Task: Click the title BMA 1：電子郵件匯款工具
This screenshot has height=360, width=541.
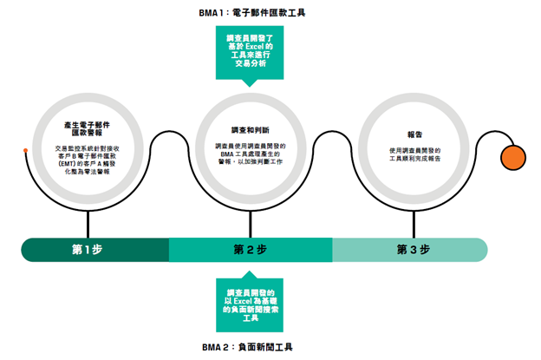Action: point(251,14)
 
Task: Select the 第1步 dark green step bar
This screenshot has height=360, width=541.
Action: point(95,250)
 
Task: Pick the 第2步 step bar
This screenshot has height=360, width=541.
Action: point(251,250)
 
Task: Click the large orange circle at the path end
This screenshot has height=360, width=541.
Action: point(513,159)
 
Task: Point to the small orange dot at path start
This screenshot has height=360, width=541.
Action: point(26,152)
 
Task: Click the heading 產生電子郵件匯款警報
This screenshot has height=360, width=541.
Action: point(88,129)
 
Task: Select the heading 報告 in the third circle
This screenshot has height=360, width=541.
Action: point(414,134)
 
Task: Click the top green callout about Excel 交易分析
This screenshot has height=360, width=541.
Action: point(250,50)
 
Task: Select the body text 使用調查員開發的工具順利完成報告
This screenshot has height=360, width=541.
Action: point(414,154)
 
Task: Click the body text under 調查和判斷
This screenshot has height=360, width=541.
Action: point(250,154)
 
